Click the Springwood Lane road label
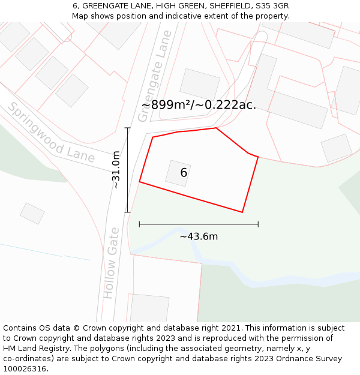51,133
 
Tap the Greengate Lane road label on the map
155,76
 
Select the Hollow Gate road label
112,262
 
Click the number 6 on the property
184,173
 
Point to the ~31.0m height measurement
116,170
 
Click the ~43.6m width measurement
199,236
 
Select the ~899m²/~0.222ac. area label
199,105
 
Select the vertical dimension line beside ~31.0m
127,170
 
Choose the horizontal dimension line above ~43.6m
199,224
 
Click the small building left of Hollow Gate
32,213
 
